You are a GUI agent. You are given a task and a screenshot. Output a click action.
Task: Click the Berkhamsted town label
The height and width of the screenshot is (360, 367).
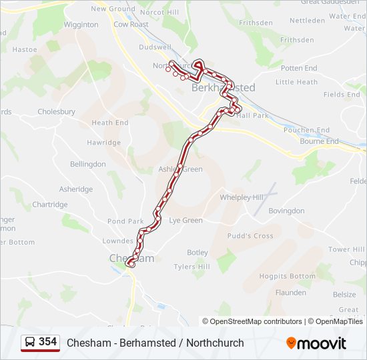[214, 87]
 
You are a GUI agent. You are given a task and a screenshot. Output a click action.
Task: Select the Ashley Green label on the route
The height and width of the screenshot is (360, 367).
[180, 169]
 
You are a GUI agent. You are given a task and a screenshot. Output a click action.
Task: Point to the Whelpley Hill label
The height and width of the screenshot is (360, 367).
[242, 197]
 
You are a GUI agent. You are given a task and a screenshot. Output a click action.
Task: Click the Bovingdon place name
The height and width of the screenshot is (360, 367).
[286, 211]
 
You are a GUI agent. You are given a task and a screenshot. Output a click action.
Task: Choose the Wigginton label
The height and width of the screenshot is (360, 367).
[81, 25]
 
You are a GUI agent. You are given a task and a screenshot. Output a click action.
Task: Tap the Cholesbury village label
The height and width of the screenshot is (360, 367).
[56, 112]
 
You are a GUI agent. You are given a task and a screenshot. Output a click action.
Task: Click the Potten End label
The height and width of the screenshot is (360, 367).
[299, 68]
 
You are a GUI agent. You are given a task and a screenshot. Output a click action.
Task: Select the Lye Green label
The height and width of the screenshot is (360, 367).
[186, 220]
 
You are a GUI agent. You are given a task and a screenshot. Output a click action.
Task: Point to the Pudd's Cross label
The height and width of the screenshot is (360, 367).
[250, 236]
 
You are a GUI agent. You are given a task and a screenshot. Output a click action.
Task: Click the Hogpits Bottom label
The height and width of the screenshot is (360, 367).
[287, 276]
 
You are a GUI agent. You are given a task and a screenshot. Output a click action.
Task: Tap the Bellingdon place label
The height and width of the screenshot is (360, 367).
[88, 164]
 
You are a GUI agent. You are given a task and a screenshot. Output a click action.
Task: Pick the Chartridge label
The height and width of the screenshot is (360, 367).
[50, 205]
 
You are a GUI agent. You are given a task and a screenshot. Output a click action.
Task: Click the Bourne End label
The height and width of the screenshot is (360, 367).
[320, 141]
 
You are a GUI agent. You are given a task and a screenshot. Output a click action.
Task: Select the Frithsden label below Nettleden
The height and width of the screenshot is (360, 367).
[296, 40]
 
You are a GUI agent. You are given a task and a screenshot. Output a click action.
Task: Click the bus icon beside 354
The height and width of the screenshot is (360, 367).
[30, 342]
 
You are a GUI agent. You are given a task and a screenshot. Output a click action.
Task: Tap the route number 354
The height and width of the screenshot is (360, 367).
[48, 342]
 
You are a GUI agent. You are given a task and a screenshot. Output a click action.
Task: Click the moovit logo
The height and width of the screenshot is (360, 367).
[316, 343]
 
